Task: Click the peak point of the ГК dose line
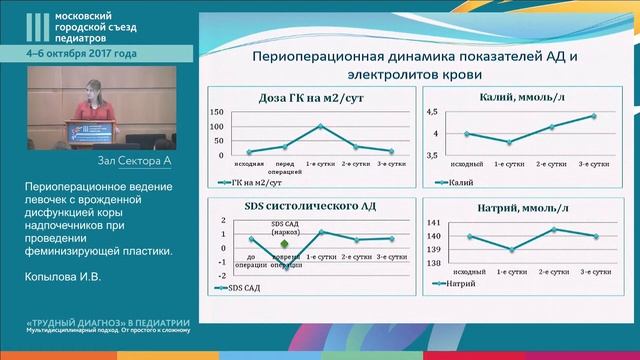point(319,126)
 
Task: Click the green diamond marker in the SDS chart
point(284,243)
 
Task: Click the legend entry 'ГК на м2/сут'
point(253,182)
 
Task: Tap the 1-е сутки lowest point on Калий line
point(511,142)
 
